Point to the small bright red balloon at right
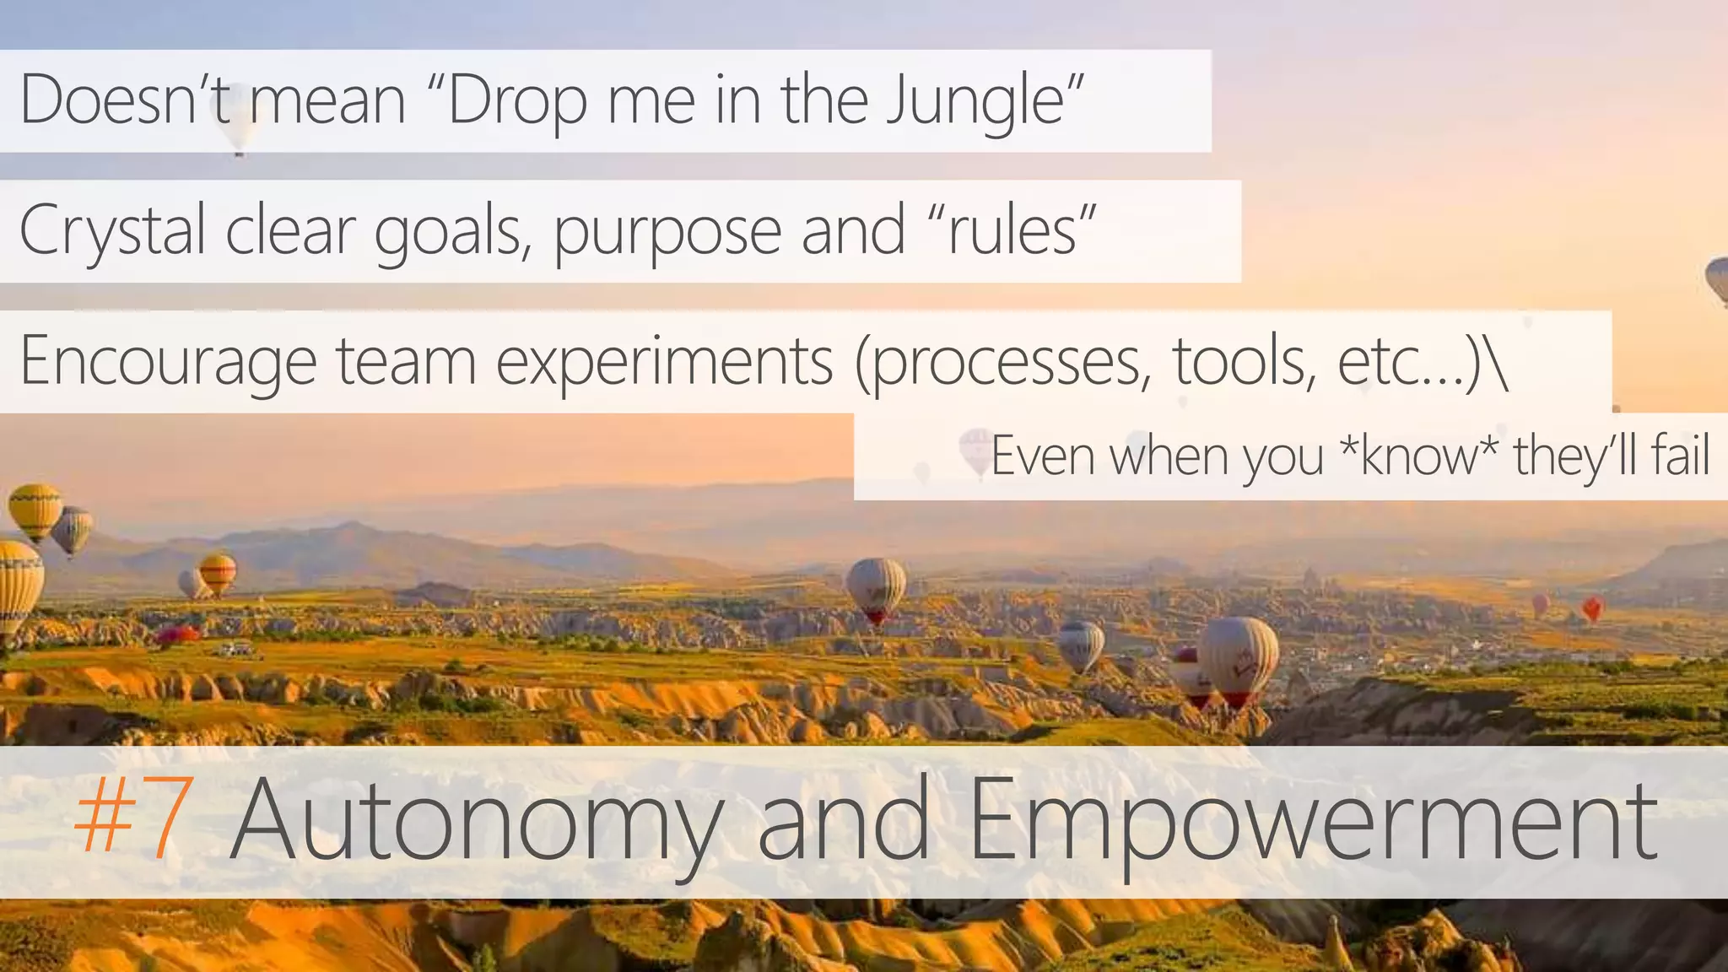tap(1592, 607)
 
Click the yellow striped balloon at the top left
tap(35, 510)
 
